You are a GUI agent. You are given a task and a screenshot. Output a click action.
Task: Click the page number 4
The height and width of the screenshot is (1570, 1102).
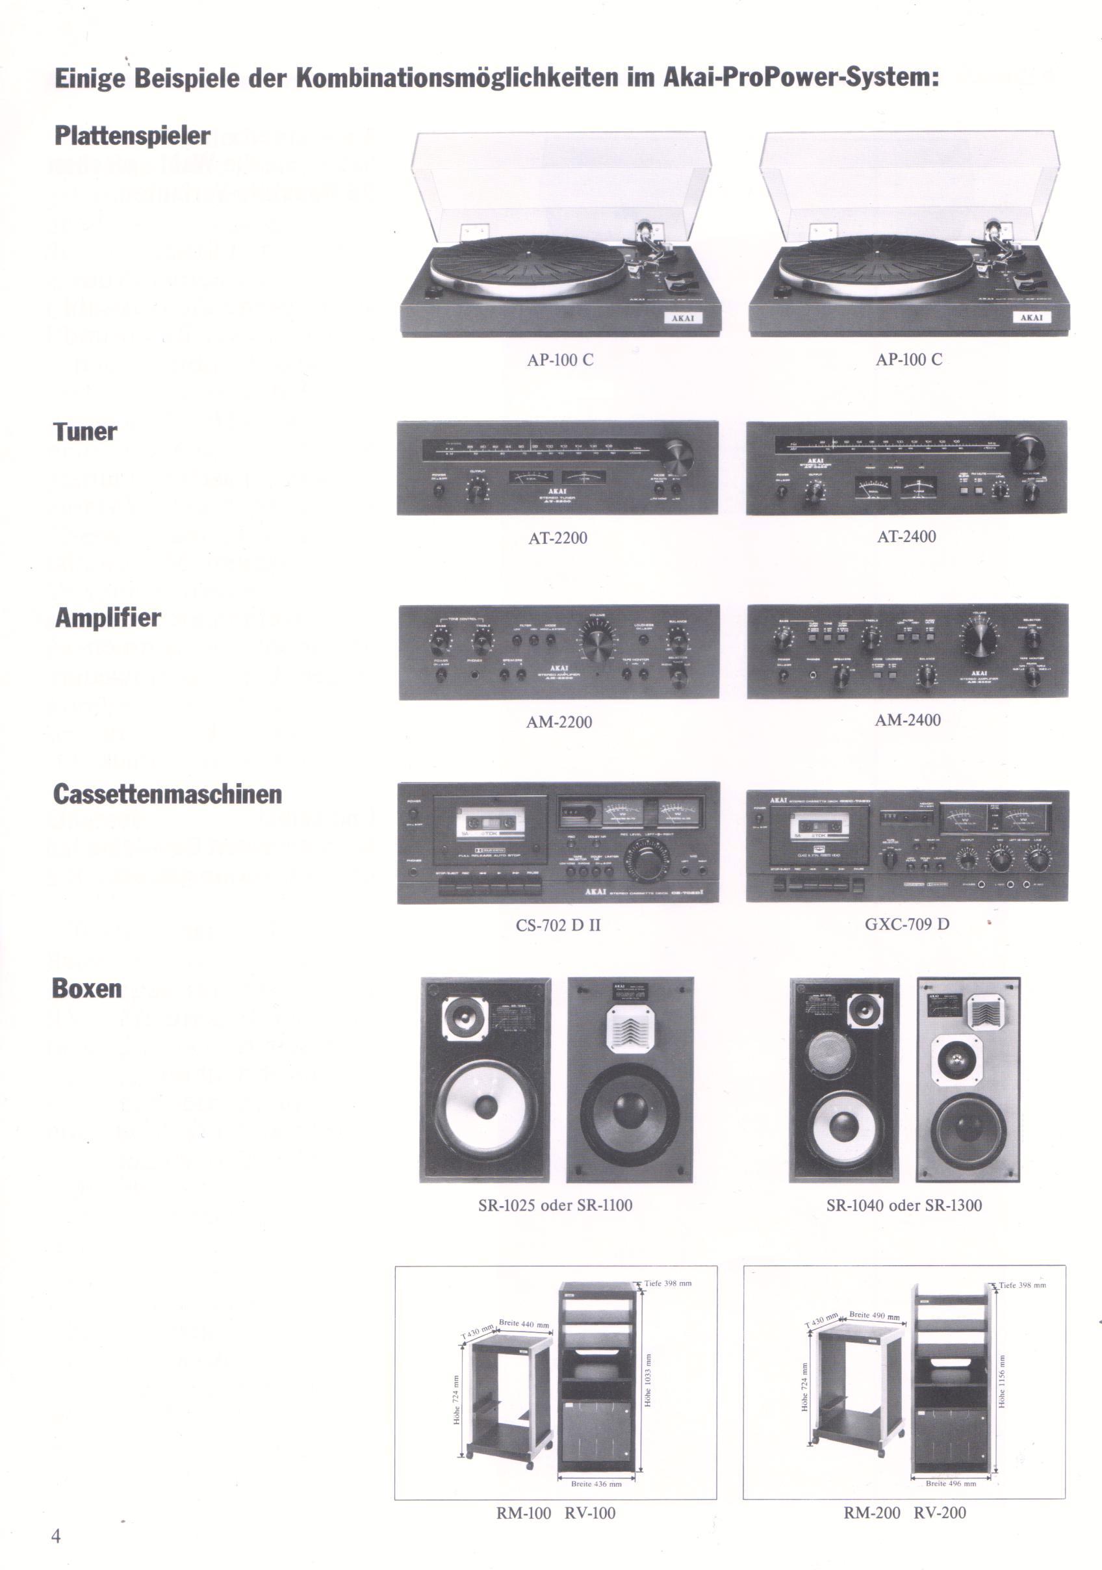pyautogui.click(x=56, y=1536)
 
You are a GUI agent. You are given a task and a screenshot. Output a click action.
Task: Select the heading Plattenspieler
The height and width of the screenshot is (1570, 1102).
pyautogui.click(x=132, y=135)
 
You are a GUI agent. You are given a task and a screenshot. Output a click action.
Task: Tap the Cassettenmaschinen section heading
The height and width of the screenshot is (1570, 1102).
pyautogui.click(x=168, y=794)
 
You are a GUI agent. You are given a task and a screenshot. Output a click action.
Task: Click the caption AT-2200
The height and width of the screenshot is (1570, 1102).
pyautogui.click(x=558, y=538)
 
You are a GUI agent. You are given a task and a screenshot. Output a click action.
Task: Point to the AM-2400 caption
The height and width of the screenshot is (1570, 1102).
pyautogui.click(x=907, y=720)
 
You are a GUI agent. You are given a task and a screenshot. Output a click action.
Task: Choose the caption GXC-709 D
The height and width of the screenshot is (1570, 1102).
pyautogui.click(x=906, y=925)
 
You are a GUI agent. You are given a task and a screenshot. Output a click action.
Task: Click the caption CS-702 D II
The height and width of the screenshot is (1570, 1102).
pyautogui.click(x=558, y=925)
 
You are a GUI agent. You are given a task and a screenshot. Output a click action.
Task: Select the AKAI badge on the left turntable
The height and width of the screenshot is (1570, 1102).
pyautogui.click(x=683, y=318)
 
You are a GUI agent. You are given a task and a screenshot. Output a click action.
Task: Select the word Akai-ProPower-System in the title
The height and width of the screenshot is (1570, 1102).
pyautogui.click(x=801, y=77)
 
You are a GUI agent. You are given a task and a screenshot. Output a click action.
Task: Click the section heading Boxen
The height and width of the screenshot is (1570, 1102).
pyautogui.click(x=87, y=989)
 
